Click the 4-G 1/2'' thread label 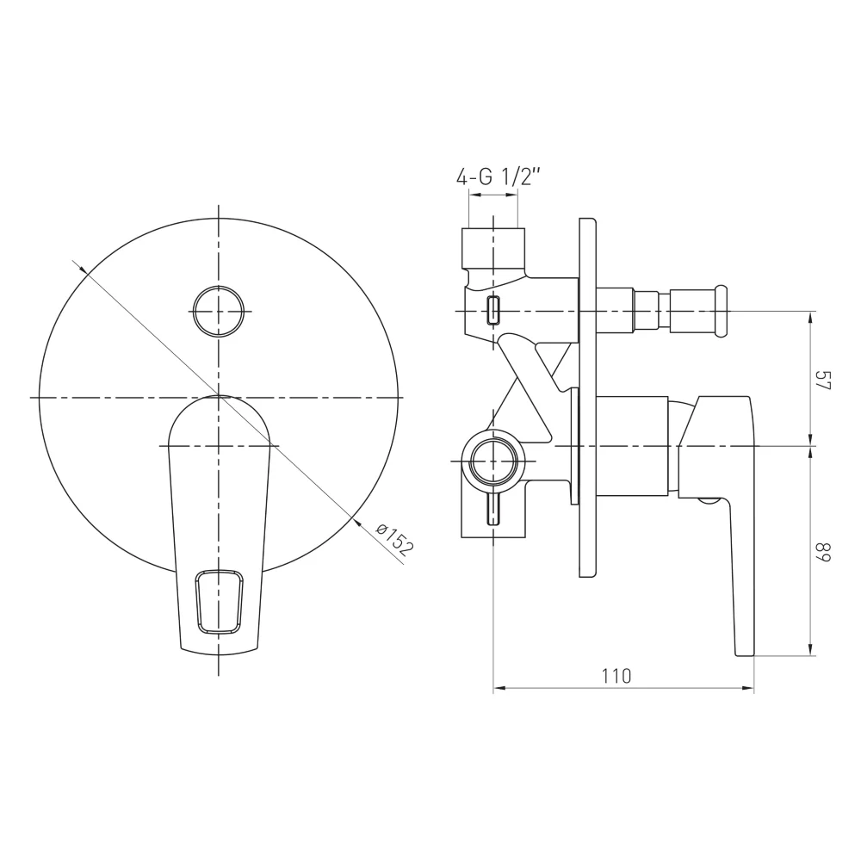(x=499, y=177)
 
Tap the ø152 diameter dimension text (x=393, y=540)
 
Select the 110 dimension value (x=616, y=676)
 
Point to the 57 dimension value (x=824, y=380)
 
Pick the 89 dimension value (x=824, y=552)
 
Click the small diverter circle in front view (x=219, y=312)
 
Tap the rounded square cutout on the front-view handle (x=219, y=603)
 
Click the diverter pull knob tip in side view (x=722, y=312)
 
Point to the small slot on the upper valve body (x=494, y=310)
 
